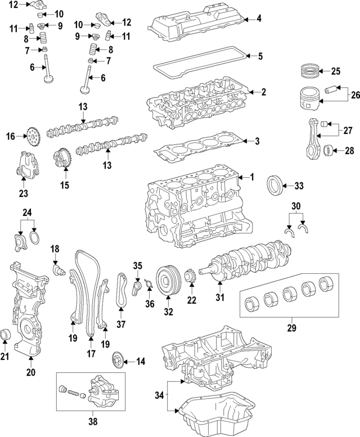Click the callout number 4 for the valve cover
tap(259, 19)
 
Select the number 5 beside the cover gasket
tap(260, 56)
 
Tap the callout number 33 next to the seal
tap(299, 186)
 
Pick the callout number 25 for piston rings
tap(335, 71)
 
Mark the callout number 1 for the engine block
tap(251, 177)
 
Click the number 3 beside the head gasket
tap(256, 141)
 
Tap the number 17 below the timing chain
tap(90, 355)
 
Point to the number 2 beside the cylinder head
tap(263, 92)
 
